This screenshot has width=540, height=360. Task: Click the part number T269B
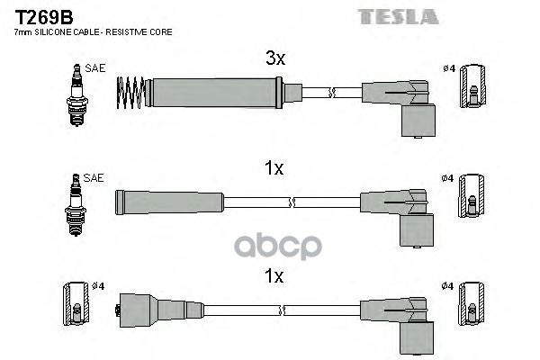coord(44,17)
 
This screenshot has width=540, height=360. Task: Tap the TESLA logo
coord(398,17)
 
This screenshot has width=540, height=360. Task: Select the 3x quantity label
coord(275,58)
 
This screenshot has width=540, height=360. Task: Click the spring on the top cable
coord(130,93)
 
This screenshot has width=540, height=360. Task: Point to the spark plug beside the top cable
coord(76,95)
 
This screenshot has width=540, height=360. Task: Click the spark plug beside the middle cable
coord(76,205)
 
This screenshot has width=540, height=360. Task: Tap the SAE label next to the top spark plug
coord(95,68)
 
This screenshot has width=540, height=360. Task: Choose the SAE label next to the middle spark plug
coord(94,178)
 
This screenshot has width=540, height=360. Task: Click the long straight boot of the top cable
coord(214,93)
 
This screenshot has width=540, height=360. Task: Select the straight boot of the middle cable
coord(169,202)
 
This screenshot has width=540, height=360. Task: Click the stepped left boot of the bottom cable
coord(161,310)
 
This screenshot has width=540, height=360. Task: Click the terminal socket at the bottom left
coord(76,304)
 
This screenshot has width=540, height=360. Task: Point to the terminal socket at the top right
coord(473,86)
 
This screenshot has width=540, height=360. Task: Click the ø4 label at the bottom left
coord(98,286)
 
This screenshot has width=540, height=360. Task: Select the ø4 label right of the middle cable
coord(447,178)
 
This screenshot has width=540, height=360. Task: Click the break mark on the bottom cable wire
coord(282,310)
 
